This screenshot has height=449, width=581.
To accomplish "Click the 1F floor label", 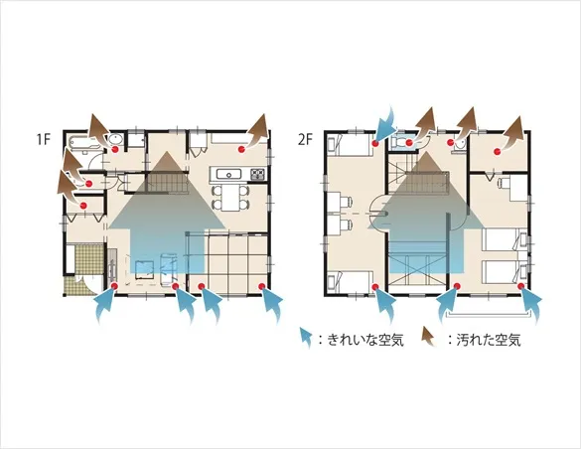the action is click(43, 140).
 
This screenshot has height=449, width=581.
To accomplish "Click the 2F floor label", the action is click(305, 140).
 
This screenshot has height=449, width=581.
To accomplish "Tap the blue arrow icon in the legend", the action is click(306, 338).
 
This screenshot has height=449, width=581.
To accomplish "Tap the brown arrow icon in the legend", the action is click(429, 337).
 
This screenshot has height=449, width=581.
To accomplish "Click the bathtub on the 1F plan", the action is click(84, 142).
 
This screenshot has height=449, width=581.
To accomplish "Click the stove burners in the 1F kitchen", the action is click(257, 174).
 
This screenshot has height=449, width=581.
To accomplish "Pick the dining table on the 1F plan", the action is click(230, 198).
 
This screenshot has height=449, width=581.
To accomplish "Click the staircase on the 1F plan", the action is click(168, 183).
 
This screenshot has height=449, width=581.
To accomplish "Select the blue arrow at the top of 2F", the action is click(386, 124).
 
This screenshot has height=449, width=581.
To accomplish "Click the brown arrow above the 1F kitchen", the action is click(258, 131).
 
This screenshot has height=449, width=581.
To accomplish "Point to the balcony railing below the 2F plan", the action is click(489, 315).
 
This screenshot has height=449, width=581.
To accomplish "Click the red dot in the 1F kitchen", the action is click(241, 149).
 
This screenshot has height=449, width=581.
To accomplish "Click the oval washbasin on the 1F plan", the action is click(115, 140).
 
